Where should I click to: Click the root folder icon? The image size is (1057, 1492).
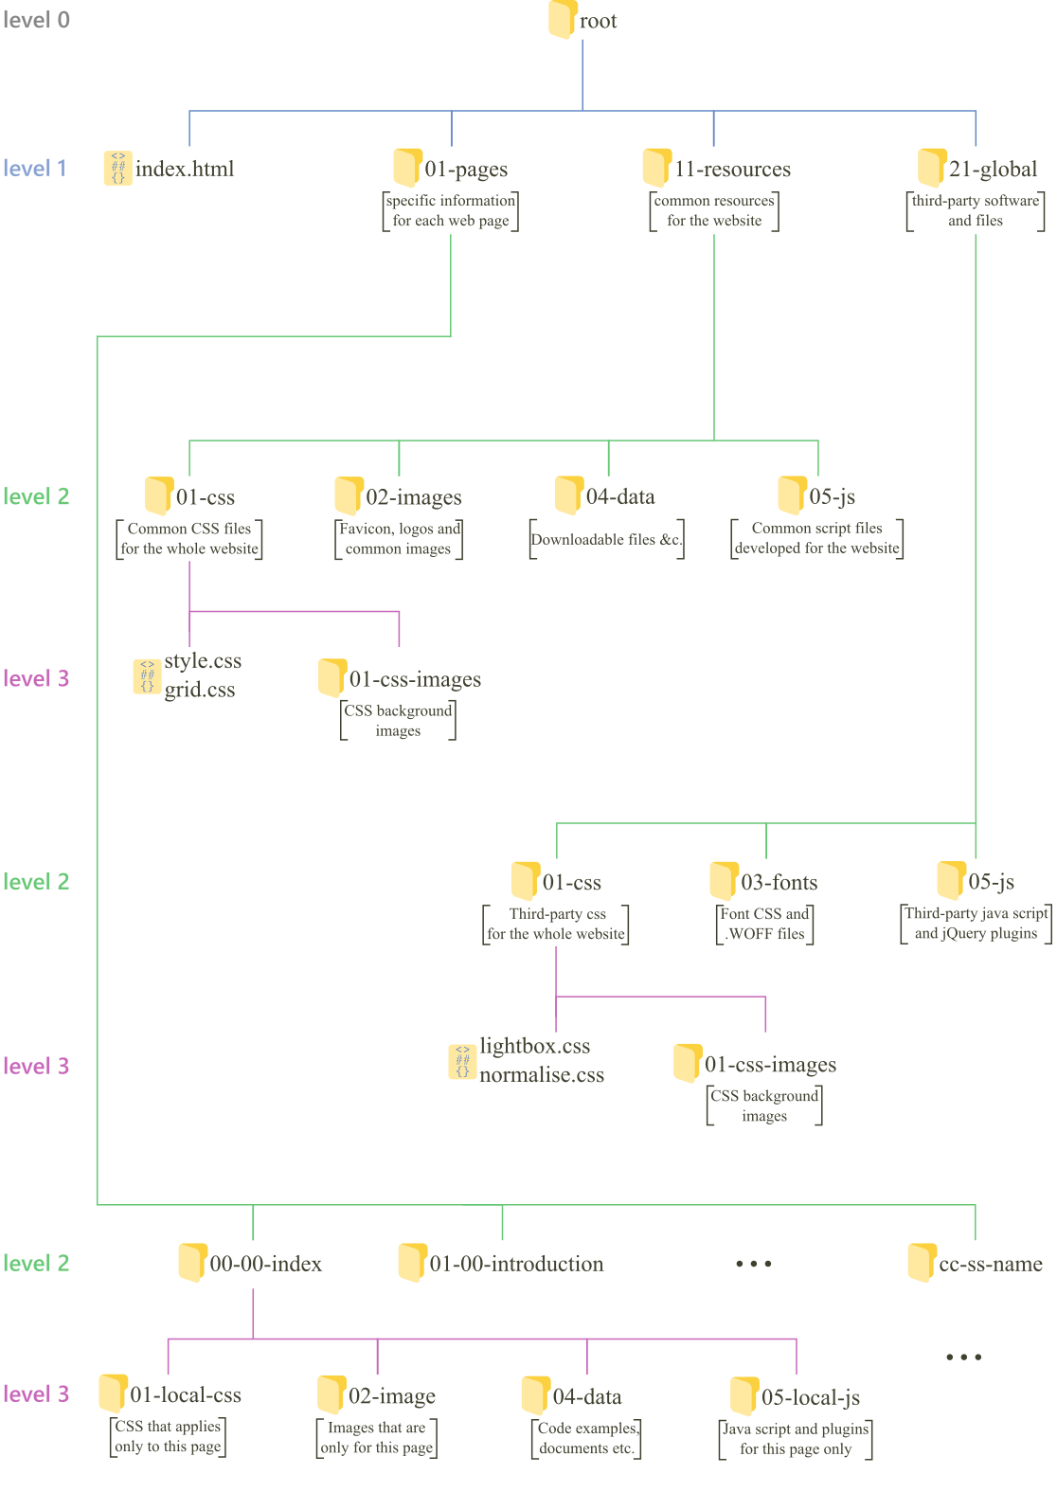pos(563,20)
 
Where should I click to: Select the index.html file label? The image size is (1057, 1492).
pos(185,169)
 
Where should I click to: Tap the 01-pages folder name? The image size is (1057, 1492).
pos(466,170)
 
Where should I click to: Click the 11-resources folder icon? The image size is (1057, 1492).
pos(655,168)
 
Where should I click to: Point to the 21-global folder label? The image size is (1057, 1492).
pos(994,170)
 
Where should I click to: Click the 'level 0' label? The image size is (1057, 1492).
pos(36,20)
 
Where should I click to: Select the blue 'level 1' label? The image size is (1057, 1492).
pos(35,169)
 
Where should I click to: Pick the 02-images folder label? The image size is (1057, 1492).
pos(414,497)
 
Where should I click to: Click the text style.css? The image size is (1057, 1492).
pos(203,661)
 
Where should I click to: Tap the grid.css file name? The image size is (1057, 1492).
pos(200,690)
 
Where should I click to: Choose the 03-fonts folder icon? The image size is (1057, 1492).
pos(724,881)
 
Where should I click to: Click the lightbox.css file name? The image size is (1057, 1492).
pos(535,1046)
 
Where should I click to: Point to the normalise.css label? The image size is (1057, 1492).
pos(542,1075)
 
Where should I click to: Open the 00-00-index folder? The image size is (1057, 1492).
pos(193,1263)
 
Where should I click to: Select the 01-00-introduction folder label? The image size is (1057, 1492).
pos(516,1264)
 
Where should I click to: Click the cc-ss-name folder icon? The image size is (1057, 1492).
pos(922,1263)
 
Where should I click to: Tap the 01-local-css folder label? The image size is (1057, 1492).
pos(186,1395)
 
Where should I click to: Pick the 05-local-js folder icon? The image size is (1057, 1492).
pos(744,1396)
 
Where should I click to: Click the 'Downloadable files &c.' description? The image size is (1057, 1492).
pos(606,540)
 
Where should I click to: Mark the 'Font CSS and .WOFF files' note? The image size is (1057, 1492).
pos(764,924)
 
